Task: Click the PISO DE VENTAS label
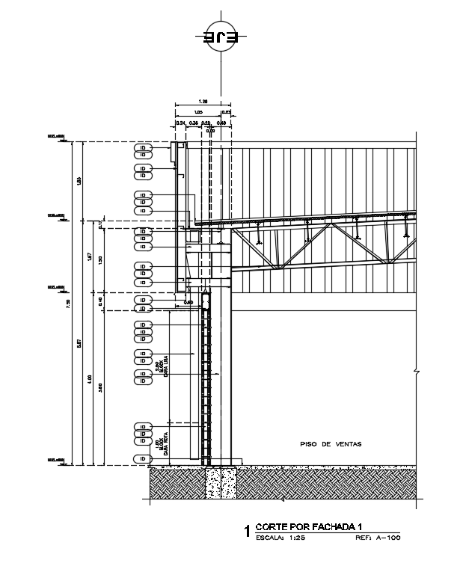331,444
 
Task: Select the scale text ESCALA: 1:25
280,537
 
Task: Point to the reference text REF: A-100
378,537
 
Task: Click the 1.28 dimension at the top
203,101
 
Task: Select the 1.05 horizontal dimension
198,111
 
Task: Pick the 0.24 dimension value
180,122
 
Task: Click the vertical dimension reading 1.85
79,179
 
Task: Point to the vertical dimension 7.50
68,302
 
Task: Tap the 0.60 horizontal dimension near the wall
188,302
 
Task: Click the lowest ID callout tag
142,458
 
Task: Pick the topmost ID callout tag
142,147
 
